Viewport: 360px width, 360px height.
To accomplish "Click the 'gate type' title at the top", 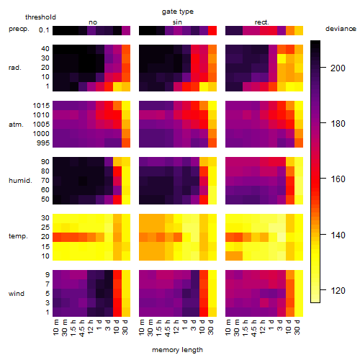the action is click(x=178, y=12).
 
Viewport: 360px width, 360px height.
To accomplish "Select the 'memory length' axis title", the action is click(x=177, y=350).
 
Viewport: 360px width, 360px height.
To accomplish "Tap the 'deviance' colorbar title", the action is click(x=341, y=29).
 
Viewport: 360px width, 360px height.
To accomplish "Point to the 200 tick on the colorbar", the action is click(x=323, y=68).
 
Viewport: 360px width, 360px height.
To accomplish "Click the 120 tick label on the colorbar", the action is click(x=338, y=291).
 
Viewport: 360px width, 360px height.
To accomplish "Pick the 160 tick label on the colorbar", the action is click(x=338, y=179).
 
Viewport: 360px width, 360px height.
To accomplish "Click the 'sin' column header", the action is click(x=177, y=22).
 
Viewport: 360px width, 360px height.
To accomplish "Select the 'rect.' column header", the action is click(x=261, y=22).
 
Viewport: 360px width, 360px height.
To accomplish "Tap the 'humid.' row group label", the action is click(x=20, y=181).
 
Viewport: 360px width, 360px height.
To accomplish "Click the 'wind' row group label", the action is click(x=17, y=294).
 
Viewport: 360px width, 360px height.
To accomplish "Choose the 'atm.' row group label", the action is click(x=16, y=125).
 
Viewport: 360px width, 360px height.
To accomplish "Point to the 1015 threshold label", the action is click(x=41, y=106).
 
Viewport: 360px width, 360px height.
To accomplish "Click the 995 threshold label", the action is click(x=43, y=143).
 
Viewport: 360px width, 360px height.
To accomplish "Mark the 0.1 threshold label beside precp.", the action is click(x=44, y=30).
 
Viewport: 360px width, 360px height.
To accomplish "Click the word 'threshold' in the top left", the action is click(x=40, y=17).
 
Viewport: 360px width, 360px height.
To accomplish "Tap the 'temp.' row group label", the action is click(x=18, y=236).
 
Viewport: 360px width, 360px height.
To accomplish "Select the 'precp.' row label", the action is click(x=19, y=30).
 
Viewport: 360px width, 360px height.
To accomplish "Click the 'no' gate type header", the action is click(x=93, y=22).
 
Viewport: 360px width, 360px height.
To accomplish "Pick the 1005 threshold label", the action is click(x=41, y=125).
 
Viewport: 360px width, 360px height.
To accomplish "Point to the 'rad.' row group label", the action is click(x=15, y=68).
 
